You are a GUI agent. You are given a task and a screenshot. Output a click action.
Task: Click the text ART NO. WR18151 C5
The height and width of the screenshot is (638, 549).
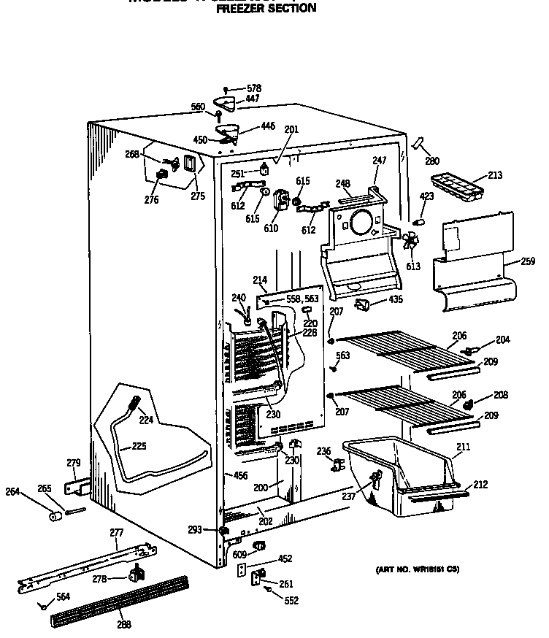tap(418, 569)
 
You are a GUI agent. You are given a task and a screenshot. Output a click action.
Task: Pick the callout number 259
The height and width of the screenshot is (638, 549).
tap(528, 261)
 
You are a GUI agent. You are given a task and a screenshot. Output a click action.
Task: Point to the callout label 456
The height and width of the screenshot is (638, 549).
tap(240, 476)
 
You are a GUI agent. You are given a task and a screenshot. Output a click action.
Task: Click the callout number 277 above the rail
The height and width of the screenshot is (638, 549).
tap(116, 533)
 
